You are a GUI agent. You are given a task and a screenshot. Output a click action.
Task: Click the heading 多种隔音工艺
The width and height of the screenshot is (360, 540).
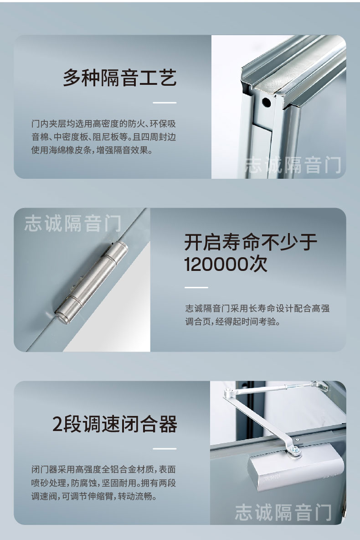coord(119,78)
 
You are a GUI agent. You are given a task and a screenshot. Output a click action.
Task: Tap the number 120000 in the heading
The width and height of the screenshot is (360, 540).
coord(218,264)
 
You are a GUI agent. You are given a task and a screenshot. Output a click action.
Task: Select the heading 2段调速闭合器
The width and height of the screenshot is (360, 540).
coord(115,424)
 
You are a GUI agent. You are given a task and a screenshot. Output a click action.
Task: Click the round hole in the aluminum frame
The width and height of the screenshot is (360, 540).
coord(266,102)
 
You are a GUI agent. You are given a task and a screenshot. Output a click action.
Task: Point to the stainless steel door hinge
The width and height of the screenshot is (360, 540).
coord(92,282)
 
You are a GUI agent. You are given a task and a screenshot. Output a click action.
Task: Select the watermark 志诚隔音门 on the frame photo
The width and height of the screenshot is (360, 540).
coord(293,165)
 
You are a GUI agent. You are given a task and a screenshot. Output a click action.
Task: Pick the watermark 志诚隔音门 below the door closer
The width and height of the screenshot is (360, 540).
coord(283,512)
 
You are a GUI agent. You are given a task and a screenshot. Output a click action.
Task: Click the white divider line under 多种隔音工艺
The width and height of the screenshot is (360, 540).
coord(165,103)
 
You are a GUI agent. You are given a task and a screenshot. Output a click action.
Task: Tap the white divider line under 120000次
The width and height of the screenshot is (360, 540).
coord(196,287)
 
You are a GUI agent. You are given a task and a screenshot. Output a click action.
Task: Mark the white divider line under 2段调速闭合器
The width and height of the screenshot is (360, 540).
coord(165,449)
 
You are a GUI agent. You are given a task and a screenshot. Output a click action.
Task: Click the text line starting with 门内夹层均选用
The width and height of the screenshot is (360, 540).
coord(103,124)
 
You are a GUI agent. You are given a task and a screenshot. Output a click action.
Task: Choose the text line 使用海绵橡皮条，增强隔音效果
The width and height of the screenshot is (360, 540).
coord(92,151)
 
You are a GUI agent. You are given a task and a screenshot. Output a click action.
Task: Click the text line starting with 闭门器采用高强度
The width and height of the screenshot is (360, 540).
coord(103,469)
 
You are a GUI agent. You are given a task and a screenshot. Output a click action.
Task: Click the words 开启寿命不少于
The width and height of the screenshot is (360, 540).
coord(251,242)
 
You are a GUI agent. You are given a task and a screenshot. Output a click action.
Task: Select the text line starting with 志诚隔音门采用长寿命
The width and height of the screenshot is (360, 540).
coord(257,308)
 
